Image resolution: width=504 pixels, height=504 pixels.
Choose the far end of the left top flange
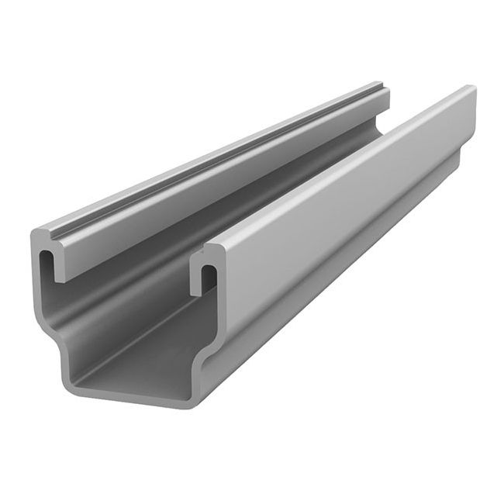[x=383, y=84]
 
